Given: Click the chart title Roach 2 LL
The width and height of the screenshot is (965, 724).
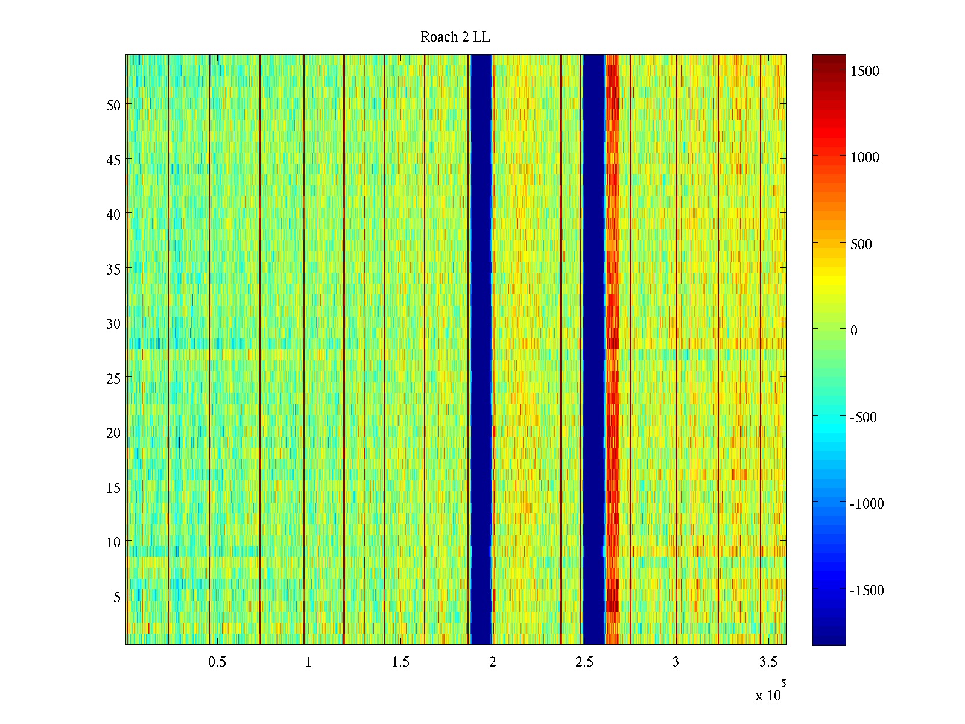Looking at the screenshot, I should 455,37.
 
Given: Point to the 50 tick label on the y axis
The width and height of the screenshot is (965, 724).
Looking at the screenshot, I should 113,105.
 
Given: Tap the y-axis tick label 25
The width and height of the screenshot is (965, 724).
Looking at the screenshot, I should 113,379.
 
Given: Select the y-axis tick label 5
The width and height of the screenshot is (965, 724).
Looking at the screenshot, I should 117,597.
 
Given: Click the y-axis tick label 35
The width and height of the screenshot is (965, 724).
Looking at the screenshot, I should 113,269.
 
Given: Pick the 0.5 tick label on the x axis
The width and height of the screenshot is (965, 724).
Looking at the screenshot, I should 217,662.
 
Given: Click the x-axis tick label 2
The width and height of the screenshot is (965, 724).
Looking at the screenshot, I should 492,662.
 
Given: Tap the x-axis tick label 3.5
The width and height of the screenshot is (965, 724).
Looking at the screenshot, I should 768,662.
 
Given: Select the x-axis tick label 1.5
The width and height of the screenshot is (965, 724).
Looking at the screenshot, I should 400,662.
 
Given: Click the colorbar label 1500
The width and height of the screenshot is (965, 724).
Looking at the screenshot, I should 865,71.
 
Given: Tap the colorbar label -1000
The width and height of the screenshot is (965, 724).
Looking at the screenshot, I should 866,504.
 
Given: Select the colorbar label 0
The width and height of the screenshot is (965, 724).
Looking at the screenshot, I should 853,331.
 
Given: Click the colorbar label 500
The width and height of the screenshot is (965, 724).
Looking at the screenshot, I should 861,244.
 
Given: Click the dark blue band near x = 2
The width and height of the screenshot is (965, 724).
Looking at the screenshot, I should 481,350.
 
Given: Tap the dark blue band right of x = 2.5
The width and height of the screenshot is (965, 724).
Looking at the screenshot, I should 593,350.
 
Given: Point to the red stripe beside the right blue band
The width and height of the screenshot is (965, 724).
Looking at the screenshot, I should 612,350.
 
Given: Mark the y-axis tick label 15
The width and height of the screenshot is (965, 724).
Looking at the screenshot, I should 113,488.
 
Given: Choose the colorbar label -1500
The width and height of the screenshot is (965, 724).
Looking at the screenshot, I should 866,591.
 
